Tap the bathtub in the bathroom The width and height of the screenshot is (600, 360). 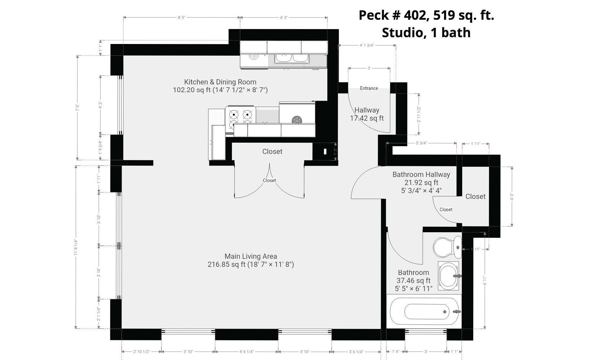click(x=424, y=311)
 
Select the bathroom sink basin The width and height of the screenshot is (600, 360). click(x=449, y=276)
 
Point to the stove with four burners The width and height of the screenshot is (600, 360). click(x=241, y=119)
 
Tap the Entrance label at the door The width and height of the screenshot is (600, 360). click(x=369, y=88)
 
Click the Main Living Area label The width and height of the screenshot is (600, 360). click(x=251, y=256)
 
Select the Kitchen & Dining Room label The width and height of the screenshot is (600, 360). click(x=220, y=82)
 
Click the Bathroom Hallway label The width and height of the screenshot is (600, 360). click(x=421, y=175)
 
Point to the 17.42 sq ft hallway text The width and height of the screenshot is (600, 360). click(x=367, y=118)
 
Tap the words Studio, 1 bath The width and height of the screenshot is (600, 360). click(x=426, y=33)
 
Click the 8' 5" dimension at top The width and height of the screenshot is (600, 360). click(x=181, y=17)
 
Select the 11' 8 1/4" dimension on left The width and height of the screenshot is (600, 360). click(x=76, y=247)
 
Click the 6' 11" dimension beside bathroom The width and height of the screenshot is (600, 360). click(x=485, y=280)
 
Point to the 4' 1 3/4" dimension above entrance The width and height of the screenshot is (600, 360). click(x=367, y=45)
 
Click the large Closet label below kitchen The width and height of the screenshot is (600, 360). click(x=272, y=152)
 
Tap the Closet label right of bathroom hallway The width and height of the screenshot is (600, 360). click(x=475, y=197)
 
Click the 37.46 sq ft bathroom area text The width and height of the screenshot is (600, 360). click(x=413, y=280)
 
